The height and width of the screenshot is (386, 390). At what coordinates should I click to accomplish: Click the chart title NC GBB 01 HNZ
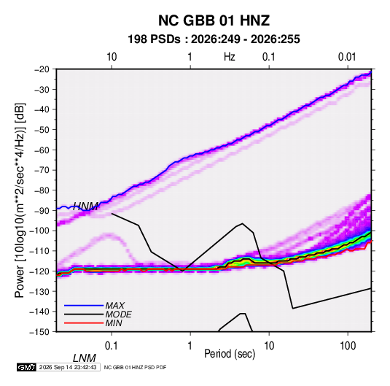coord(214,20)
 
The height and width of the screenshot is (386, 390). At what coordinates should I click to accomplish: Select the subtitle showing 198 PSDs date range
coord(214,39)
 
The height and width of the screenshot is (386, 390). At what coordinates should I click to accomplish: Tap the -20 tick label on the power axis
coord(42,69)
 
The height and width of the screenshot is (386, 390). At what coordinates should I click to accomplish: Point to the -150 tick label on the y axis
coord(40,332)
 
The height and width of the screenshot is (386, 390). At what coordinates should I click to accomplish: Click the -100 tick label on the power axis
coord(40,231)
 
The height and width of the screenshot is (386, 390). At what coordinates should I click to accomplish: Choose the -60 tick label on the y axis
coord(42,150)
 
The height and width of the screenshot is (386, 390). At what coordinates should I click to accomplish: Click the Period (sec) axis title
coord(230,354)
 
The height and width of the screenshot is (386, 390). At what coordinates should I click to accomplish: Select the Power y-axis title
coord(20,200)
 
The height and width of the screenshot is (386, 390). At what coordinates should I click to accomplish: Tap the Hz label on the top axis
coord(230,57)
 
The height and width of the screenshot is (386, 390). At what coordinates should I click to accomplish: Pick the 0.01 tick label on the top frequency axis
coord(347,57)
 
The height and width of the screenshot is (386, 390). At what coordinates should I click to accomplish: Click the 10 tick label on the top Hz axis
coord(112,57)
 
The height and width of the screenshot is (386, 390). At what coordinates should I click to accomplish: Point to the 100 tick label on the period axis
coord(348,346)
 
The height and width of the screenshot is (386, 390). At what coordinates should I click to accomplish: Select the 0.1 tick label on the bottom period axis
coord(112,346)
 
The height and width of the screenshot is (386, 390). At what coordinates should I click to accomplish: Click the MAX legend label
coord(115,306)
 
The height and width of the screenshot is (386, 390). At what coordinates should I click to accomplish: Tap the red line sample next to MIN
coord(84,323)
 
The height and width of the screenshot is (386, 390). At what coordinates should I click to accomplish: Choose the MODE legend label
coord(118,314)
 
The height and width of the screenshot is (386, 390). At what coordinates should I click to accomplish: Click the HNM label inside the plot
coord(85,206)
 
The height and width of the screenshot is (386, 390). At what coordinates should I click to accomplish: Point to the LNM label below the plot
coord(84,358)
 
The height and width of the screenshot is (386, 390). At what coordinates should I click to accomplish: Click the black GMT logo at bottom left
coord(26,367)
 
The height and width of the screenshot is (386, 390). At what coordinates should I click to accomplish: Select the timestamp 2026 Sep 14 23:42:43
coord(68,367)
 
